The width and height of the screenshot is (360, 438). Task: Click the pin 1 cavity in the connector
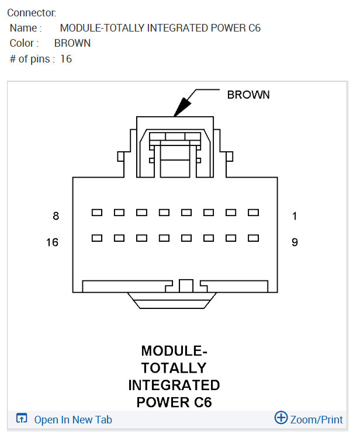(x=253, y=213)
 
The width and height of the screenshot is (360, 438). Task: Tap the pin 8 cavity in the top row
(x=97, y=213)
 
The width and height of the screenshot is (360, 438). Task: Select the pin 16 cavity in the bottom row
(x=97, y=238)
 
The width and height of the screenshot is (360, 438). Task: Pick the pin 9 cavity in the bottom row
(x=253, y=238)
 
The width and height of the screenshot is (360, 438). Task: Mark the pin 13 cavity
(x=164, y=238)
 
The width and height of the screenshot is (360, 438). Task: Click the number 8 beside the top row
(x=56, y=216)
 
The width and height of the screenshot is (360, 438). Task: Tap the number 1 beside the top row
(x=295, y=216)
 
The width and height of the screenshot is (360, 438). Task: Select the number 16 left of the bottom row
(x=53, y=242)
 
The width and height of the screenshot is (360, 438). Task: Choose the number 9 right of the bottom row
(x=295, y=242)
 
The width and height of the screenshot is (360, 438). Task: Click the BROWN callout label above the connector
(x=248, y=95)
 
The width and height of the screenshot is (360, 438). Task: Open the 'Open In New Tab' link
(x=73, y=419)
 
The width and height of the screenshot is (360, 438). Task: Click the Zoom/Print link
(x=317, y=419)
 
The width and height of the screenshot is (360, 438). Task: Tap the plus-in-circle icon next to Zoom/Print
(x=281, y=418)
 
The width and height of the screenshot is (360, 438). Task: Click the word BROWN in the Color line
(x=72, y=43)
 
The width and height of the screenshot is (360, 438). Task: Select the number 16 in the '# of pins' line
(x=66, y=59)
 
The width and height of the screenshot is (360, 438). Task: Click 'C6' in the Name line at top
(x=254, y=27)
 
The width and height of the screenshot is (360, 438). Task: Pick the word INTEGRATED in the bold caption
(x=174, y=385)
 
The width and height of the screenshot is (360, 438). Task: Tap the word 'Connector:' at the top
(x=32, y=12)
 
